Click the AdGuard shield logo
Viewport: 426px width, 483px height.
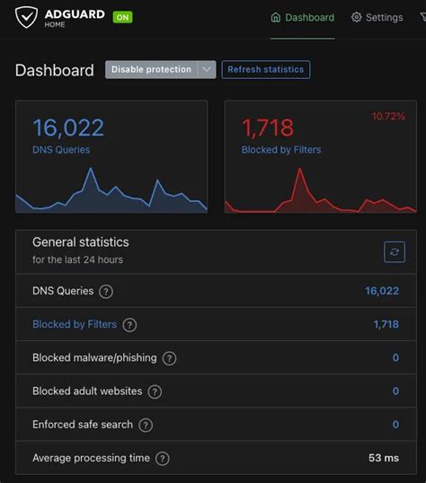[27, 17]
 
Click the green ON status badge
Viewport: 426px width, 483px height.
[122, 17]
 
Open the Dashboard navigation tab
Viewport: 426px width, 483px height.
[303, 17]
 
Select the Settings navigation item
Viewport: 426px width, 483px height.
[377, 17]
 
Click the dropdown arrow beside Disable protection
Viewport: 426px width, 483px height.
[207, 70]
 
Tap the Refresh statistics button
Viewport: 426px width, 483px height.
[265, 70]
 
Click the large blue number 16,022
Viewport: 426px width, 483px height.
[68, 127]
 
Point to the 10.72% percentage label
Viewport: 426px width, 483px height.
[388, 117]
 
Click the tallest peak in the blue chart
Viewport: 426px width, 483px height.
[90, 169]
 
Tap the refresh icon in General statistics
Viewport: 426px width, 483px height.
[395, 251]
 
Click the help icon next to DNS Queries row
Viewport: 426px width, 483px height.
[106, 292]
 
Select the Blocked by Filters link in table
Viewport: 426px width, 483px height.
[75, 324]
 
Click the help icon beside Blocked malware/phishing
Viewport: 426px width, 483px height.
[169, 358]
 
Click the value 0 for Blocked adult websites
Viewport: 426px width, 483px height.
[395, 391]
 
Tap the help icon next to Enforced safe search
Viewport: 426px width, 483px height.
[146, 426]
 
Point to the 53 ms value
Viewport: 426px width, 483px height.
[383, 458]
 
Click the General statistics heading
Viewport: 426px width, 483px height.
[80, 242]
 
